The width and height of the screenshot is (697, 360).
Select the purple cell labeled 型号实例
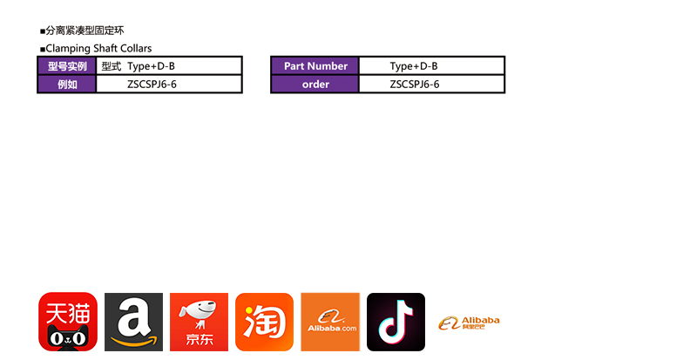[66, 66]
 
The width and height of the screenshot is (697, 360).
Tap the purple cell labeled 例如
[66, 85]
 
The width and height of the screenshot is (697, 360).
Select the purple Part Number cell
[315, 66]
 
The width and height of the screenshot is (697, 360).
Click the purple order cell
[315, 85]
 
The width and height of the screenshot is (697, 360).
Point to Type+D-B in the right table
[414, 66]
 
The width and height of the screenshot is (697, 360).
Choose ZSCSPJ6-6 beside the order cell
[415, 85]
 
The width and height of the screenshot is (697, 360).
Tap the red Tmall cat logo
[68, 322]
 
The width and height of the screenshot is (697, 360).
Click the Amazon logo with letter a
[133, 322]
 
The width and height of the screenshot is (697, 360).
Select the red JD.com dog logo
[199, 322]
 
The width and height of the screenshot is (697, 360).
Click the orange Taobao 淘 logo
[264, 322]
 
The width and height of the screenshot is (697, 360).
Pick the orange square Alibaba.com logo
[330, 322]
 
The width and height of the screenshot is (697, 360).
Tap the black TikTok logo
[396, 322]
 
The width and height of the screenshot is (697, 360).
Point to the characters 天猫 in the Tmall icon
[68, 309]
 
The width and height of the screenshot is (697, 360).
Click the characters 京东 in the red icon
[199, 340]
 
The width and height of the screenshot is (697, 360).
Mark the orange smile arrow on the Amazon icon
[134, 341]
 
